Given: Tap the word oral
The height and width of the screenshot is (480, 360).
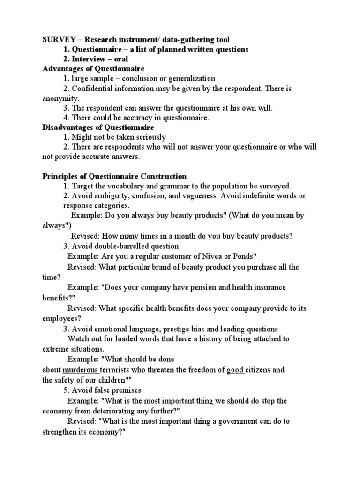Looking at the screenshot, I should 120,59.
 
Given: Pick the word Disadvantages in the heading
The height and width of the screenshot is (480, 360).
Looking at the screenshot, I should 66,127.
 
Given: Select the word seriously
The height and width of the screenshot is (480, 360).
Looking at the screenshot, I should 149,137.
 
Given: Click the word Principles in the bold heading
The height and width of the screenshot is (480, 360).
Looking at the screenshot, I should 60,176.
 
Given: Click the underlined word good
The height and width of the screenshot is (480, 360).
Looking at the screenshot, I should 235,369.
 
